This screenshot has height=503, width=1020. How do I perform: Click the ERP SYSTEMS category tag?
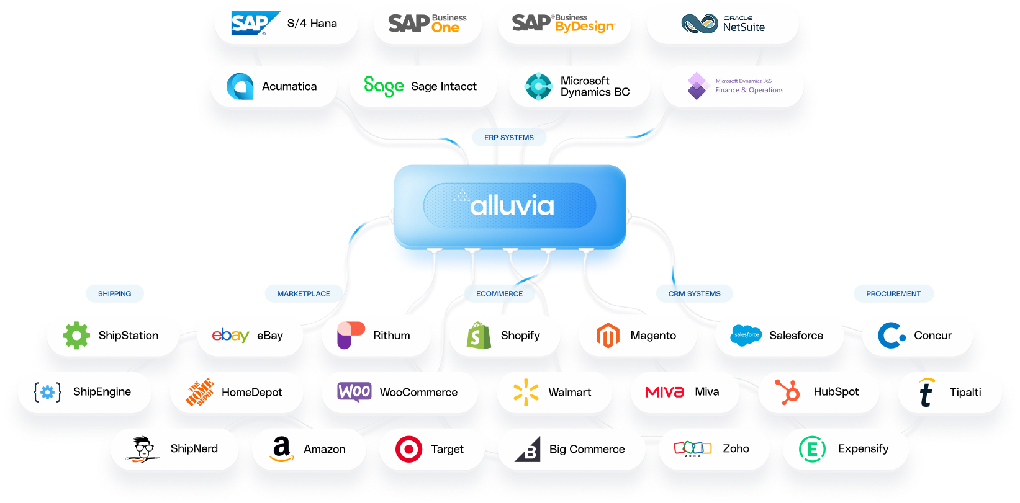click(508, 137)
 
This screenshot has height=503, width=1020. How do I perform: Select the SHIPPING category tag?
click(114, 294)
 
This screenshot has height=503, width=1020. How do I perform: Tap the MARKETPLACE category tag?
click(303, 294)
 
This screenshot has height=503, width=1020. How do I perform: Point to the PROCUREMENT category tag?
click(893, 294)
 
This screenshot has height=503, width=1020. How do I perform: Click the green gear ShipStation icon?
click(76, 335)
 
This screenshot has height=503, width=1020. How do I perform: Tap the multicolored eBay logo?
click(230, 335)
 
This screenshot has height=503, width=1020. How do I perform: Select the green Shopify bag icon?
click(479, 335)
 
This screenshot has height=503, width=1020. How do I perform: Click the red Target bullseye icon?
click(408, 449)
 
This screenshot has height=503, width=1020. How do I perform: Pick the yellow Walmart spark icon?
click(526, 392)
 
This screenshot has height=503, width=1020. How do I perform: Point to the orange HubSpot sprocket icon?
click(787, 391)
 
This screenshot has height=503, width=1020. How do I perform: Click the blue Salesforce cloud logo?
click(746, 335)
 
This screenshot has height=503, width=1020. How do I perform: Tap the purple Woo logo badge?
click(354, 391)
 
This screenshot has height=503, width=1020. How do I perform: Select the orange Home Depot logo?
click(200, 392)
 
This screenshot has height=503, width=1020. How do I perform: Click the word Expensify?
click(864, 449)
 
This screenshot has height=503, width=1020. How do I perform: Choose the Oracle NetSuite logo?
click(723, 24)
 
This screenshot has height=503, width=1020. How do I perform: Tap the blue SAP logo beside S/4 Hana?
click(255, 23)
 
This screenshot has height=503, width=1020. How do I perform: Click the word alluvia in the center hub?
click(512, 206)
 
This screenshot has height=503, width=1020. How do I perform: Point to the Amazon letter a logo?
click(281, 449)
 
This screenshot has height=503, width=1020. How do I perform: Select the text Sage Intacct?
click(443, 86)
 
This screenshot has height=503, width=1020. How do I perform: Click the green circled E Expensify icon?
click(813, 449)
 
